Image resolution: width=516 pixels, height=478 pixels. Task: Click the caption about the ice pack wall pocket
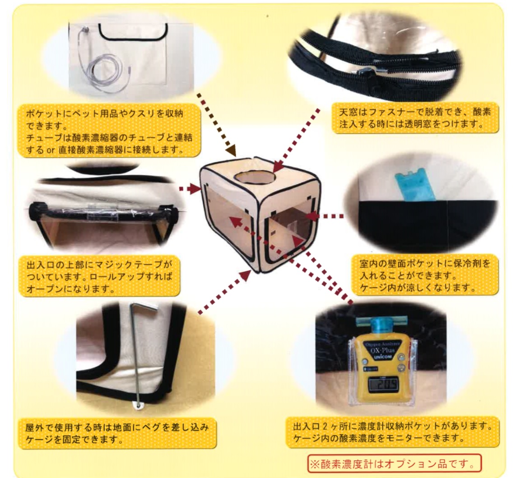423,275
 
